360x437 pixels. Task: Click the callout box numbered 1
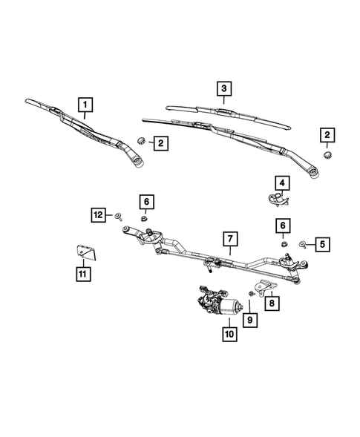(x=86, y=104)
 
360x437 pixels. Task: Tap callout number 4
(x=283, y=182)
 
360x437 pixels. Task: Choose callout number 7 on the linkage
(x=230, y=239)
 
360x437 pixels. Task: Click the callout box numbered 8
(x=272, y=302)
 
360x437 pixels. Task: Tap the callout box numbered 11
(x=82, y=275)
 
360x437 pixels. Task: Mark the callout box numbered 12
(x=99, y=215)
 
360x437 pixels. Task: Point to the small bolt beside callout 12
(x=119, y=216)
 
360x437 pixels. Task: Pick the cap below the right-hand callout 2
(x=326, y=154)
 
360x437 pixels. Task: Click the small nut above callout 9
(x=252, y=295)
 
